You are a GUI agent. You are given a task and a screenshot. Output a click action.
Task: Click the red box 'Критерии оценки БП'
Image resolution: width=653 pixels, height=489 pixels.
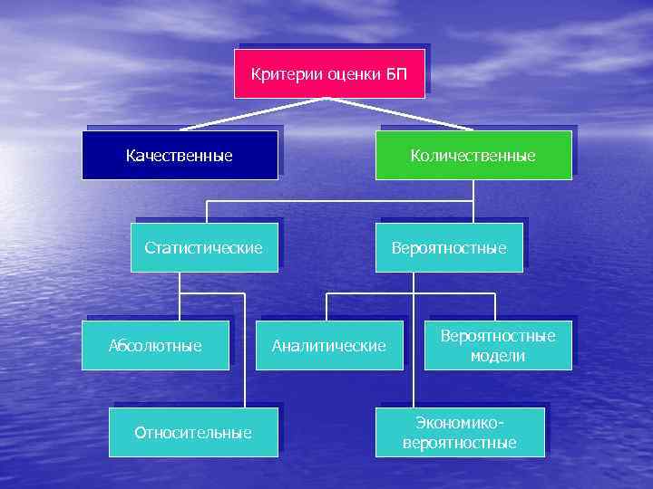click(329, 72)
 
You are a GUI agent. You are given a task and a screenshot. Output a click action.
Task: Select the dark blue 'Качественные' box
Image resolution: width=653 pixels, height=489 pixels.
click(180, 155)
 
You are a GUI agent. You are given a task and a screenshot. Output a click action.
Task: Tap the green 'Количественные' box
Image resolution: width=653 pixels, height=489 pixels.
click(473, 155)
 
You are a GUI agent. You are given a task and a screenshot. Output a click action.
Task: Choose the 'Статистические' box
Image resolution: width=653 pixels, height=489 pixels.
click(204, 247)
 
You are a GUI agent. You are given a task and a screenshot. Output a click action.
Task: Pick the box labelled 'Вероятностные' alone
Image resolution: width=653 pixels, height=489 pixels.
click(449, 247)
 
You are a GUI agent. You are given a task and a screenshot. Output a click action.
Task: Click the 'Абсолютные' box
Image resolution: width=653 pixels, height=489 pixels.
click(155, 345)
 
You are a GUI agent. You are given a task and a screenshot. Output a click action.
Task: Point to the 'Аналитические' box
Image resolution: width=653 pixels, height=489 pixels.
click(329, 345)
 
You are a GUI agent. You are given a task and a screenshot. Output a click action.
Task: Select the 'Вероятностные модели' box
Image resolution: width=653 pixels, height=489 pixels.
click(498, 345)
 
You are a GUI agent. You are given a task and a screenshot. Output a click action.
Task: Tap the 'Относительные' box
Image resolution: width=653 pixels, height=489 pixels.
click(192, 432)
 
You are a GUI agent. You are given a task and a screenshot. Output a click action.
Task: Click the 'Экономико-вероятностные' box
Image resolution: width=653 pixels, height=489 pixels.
click(460, 432)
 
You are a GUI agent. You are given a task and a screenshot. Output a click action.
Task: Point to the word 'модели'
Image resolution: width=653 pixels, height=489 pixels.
click(498, 356)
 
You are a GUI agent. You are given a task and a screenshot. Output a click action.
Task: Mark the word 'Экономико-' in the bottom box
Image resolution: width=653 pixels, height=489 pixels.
click(460, 422)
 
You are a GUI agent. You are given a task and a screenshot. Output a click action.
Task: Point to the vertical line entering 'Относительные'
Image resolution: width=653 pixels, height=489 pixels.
click(244, 362)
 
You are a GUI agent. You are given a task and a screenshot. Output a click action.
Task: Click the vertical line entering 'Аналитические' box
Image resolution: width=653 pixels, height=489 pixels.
click(327, 306)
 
